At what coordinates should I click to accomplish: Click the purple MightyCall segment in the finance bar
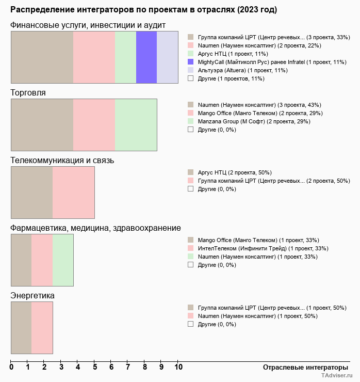coord(146,57)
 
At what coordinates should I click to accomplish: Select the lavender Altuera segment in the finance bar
coord(167,57)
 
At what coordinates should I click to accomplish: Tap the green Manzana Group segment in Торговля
coord(136,124)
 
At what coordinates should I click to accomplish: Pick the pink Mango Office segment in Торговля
coord(94,124)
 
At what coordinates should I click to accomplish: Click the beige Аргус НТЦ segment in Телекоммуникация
coord(31,193)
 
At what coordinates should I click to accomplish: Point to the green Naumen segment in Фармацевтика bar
coord(63,260)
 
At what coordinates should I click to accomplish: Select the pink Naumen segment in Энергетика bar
coord(42,328)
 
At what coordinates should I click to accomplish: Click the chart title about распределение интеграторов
coord(143,10)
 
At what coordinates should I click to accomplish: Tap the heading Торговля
coord(28,92)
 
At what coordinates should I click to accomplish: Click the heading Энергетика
coord(32,295)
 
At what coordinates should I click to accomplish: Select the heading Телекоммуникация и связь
coord(62,160)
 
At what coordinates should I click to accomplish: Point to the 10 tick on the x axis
coord(178,368)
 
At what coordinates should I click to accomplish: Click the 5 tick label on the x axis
coord(95,368)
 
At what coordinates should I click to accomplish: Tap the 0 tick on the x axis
coord(11,368)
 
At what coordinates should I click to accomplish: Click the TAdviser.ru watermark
coord(336,376)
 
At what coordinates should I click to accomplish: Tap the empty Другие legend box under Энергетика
coord(191,324)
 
